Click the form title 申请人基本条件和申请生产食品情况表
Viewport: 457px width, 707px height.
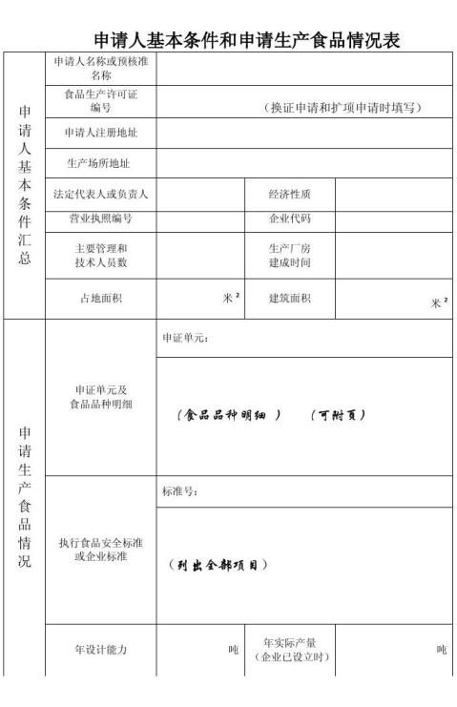click(246, 40)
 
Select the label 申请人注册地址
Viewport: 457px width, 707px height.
click(100, 132)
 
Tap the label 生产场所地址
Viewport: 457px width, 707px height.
click(98, 162)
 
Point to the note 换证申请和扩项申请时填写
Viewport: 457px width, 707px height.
click(343, 106)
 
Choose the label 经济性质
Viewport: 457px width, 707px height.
click(289, 194)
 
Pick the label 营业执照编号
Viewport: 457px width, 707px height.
click(100, 218)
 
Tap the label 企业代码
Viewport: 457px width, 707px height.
click(289, 218)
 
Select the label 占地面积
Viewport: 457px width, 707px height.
click(100, 298)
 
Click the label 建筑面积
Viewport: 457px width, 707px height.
click(289, 298)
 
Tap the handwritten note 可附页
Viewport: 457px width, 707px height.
click(339, 415)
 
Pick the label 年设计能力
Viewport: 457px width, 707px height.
click(100, 649)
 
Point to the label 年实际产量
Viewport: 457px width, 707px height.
click(289, 642)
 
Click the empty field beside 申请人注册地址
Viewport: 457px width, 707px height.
click(303, 133)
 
